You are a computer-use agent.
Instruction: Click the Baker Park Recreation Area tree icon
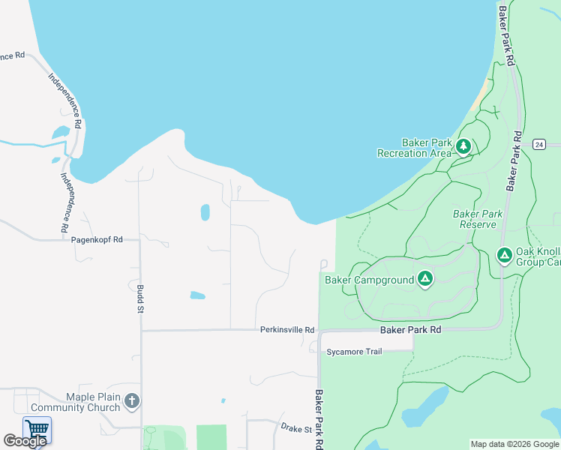click(x=463, y=146)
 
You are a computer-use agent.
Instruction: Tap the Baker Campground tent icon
click(x=425, y=280)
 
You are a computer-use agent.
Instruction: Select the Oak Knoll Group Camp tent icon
click(x=505, y=256)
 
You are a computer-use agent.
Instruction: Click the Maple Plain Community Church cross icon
click(x=132, y=401)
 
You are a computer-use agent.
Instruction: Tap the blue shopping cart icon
click(x=37, y=429)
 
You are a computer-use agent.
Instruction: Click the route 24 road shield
click(x=538, y=144)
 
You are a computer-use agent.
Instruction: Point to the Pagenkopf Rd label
click(x=96, y=240)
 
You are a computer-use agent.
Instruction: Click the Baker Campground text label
click(x=369, y=280)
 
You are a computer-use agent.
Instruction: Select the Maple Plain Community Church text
click(x=82, y=401)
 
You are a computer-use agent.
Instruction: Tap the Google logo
click(x=25, y=441)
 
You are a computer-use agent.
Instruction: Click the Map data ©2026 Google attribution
click(x=514, y=444)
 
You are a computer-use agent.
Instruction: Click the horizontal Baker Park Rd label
click(x=410, y=329)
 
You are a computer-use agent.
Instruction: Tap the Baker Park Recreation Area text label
click(x=415, y=147)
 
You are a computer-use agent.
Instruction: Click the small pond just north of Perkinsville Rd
click(x=197, y=295)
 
